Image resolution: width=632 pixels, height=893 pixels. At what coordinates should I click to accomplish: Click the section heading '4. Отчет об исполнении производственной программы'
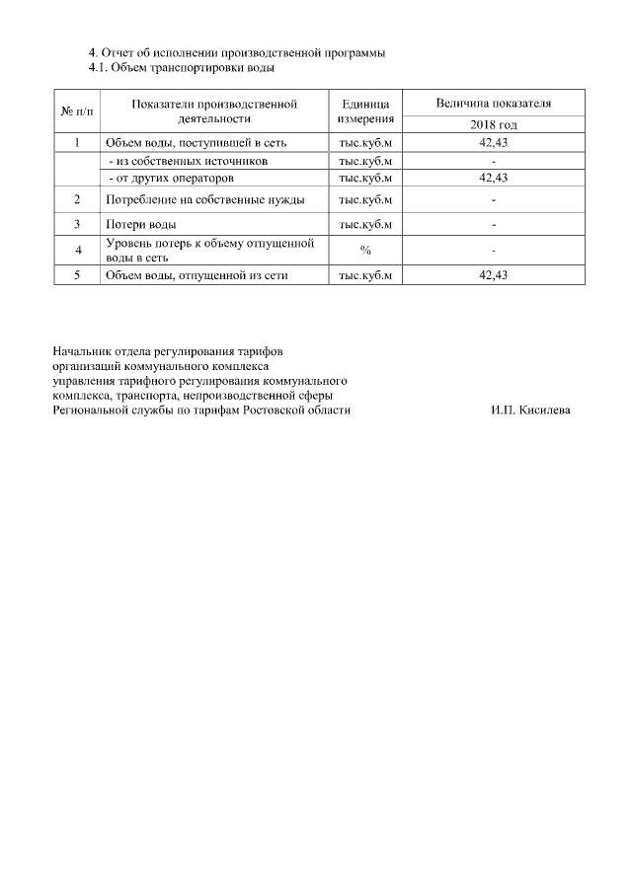pos(237,51)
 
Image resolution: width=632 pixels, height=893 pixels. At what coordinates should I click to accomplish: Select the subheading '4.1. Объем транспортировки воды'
pos(182,67)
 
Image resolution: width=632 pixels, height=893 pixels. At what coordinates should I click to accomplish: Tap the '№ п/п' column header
pos(77,111)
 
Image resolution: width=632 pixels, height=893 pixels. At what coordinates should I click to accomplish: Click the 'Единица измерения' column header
pos(365,111)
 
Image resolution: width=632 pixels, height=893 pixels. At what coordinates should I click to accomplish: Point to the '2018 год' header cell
pos(494,125)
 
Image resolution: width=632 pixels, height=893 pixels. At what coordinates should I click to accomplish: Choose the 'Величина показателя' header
pos(494,103)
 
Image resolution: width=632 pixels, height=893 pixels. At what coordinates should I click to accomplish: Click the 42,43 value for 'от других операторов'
pos(493,178)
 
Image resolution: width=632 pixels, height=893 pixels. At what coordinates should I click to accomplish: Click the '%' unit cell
pos(365,250)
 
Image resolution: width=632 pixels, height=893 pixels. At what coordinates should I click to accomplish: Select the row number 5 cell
pos(77,276)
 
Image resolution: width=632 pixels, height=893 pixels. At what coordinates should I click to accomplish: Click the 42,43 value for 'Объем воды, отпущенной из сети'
pos(493,276)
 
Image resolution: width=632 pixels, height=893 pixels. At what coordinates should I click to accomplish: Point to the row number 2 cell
pos(77,200)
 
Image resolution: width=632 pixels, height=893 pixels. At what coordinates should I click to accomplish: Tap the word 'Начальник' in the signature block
pos(82,350)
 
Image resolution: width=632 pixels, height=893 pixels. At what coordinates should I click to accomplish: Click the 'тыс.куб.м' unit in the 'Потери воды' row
pos(365,224)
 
